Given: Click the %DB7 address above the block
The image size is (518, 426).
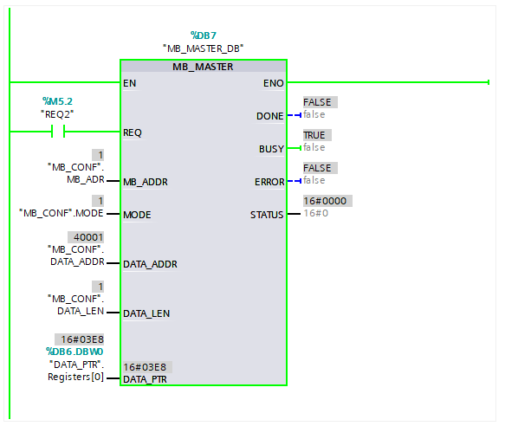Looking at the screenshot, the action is click(x=204, y=35).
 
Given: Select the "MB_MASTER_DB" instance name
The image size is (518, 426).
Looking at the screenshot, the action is click(x=203, y=48).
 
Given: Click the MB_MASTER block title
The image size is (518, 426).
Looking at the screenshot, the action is click(x=203, y=67).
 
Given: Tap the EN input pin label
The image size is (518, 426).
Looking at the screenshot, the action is click(x=130, y=83).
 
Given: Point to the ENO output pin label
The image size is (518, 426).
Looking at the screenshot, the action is click(x=274, y=83).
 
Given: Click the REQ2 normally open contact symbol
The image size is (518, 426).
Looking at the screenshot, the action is click(x=58, y=132).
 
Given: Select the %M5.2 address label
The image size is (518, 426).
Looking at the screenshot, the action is click(x=57, y=101).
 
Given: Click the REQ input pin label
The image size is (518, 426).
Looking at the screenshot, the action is click(x=133, y=132).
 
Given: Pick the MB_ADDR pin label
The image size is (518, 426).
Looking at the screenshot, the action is click(x=146, y=182).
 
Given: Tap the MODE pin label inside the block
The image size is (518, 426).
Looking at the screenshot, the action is click(x=137, y=215).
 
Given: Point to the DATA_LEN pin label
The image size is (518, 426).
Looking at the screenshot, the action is click(x=146, y=313).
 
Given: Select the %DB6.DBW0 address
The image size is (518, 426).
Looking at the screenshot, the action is click(x=74, y=352).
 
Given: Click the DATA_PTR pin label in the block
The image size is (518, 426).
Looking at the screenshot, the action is click(x=145, y=379).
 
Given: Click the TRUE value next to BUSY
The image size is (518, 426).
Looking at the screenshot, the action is click(x=314, y=135).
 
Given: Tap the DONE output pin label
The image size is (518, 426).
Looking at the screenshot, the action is click(x=270, y=116).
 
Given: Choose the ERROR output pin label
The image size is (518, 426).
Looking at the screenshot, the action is click(x=269, y=182).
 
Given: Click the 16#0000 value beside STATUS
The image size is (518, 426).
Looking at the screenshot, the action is click(x=325, y=201).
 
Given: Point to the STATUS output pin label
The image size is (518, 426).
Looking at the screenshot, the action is click(x=267, y=215).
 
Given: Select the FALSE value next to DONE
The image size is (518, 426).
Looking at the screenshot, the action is click(x=317, y=102).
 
